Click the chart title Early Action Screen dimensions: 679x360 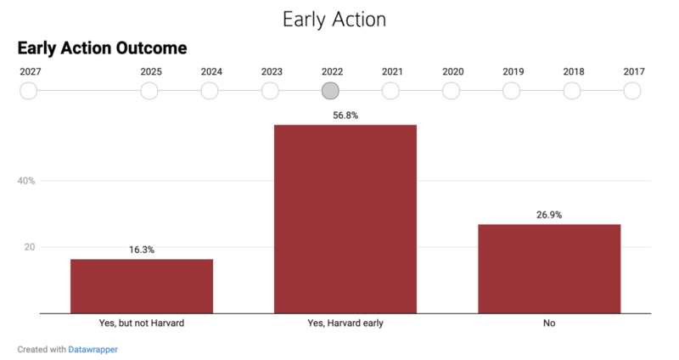334,20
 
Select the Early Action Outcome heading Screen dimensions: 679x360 102,48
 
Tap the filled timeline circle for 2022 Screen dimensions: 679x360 330,91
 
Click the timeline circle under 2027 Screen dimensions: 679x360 29,91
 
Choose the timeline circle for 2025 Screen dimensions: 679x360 149,91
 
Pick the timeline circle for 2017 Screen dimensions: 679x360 632,91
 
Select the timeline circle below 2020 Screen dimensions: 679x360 451,91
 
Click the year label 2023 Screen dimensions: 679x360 272,71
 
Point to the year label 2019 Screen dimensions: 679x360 513,71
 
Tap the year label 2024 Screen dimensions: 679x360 211,71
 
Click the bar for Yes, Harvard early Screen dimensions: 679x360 345,219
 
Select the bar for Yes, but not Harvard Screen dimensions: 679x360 142,286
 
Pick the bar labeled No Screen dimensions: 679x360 549,269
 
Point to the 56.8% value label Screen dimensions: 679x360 345,115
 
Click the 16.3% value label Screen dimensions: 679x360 142,250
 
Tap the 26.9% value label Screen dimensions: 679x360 549,215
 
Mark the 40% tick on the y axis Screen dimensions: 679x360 26,181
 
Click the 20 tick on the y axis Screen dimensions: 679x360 30,247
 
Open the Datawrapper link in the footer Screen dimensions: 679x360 93,349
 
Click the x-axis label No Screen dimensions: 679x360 549,323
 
